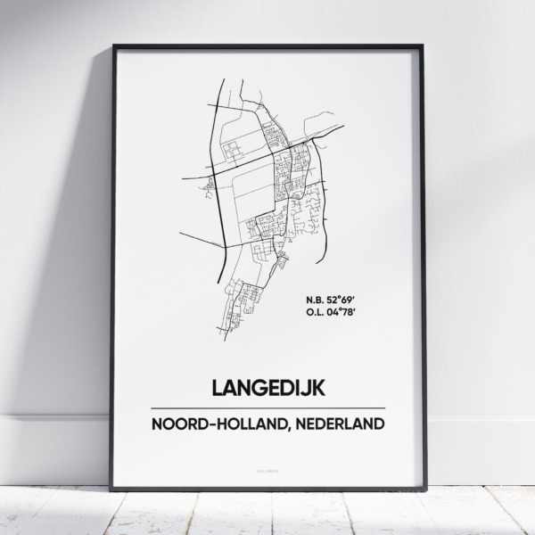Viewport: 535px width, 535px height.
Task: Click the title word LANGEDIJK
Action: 267,390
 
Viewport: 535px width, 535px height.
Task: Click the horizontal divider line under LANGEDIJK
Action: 267,408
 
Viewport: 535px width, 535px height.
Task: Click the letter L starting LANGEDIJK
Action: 218,390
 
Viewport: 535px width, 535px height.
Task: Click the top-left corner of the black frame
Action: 113,45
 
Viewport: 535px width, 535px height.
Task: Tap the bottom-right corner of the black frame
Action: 423,489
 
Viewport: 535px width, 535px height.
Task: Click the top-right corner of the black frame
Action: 423,45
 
